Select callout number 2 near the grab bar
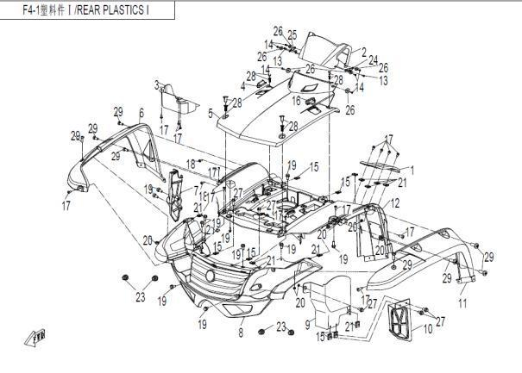pyautogui.click(x=364, y=52)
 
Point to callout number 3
pyautogui.click(x=157, y=84)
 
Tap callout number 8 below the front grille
pyautogui.click(x=241, y=332)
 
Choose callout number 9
pyautogui.click(x=307, y=325)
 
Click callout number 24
pyautogui.click(x=373, y=61)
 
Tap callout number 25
pyautogui.click(x=292, y=34)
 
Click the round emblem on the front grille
pyautogui.click(x=210, y=274)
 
